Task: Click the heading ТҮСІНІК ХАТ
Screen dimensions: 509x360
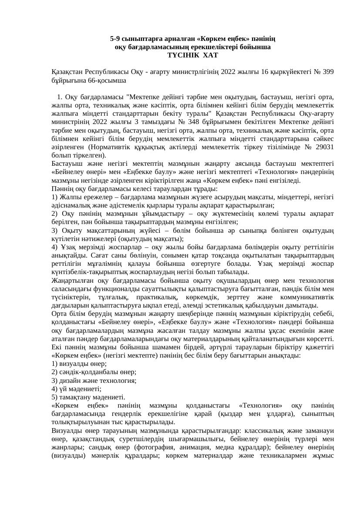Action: coord(192,55)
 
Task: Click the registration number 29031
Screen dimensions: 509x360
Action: coord(325,147)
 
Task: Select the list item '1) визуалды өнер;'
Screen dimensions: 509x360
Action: coord(79,363)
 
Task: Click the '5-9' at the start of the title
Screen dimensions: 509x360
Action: coord(116,39)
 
